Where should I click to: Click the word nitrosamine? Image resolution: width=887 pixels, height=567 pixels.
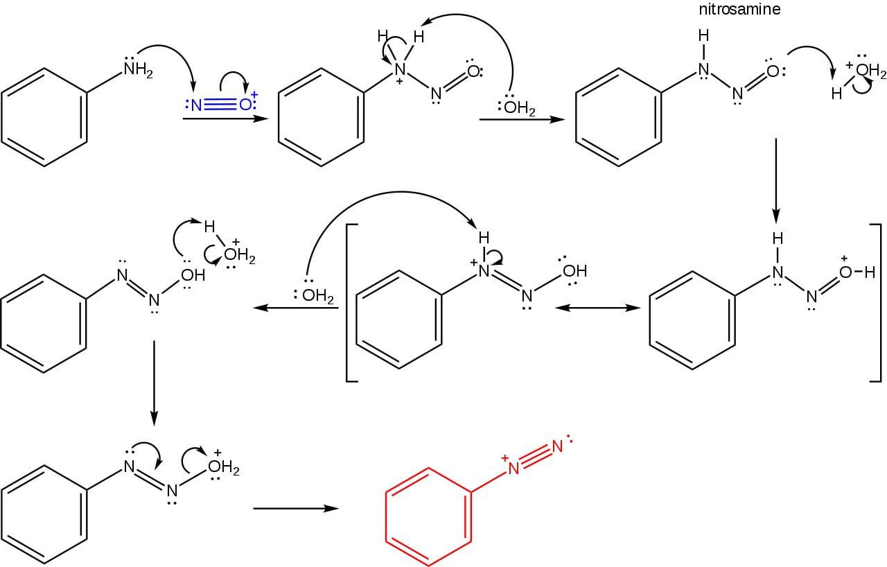(739, 9)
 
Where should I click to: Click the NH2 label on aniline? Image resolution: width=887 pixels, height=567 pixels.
(138, 70)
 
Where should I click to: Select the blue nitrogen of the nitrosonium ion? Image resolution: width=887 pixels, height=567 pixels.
(196, 105)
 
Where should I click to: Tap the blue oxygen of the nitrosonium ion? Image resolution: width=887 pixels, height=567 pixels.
(245, 105)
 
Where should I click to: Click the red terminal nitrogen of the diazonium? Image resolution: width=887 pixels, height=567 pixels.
(557, 446)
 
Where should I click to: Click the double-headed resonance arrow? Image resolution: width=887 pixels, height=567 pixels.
(597, 308)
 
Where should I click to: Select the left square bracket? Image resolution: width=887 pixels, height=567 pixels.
(351, 303)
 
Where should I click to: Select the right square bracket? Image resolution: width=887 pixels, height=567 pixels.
(876, 303)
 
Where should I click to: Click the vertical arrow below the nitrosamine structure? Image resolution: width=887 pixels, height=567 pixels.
(776, 181)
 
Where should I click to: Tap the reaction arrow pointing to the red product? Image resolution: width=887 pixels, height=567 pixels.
(296, 508)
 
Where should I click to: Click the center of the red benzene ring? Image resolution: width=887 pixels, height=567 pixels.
(428, 516)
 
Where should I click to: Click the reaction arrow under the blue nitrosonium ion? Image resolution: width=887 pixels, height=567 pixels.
(225, 118)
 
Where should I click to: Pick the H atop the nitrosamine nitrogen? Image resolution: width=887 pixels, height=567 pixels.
(703, 35)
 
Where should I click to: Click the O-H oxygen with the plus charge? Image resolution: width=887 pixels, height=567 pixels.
(845, 272)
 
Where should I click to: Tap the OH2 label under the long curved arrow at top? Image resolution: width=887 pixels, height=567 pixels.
(520, 107)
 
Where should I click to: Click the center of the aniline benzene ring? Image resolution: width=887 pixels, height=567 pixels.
(44, 117)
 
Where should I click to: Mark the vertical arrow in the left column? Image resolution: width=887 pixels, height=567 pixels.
(154, 383)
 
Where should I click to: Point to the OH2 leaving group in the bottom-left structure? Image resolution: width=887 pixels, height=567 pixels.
(224, 467)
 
